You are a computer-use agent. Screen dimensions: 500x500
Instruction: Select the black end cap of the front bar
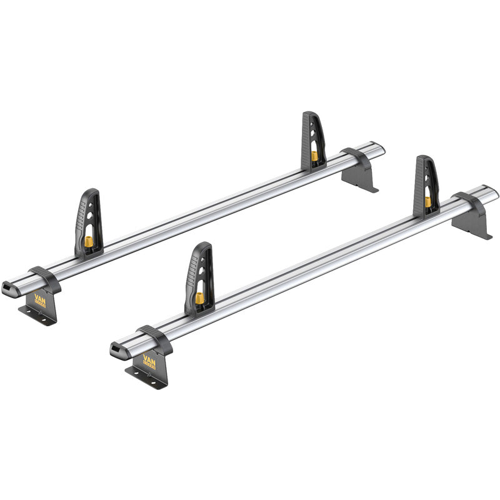117,349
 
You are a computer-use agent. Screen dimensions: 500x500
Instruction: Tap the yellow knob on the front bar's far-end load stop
427,201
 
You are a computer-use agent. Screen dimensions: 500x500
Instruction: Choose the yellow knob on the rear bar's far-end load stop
313,156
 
